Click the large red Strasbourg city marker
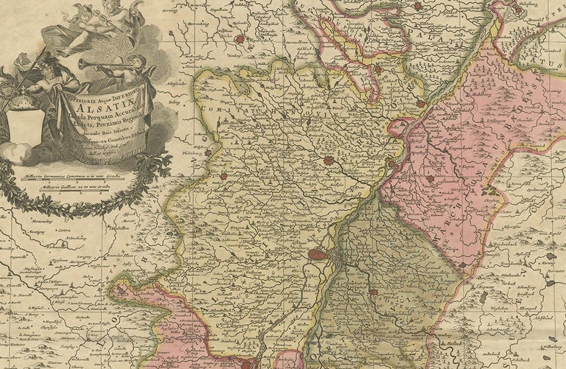[318, 255]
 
